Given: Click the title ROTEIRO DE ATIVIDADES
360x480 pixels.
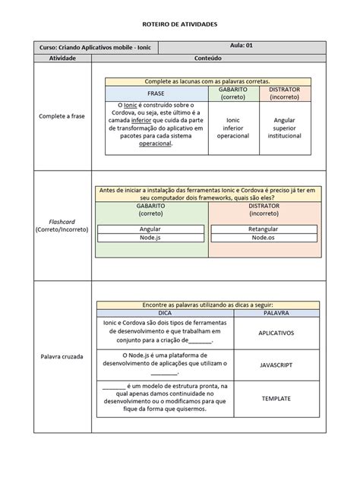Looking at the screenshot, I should [180, 24].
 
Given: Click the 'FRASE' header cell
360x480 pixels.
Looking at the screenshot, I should [156, 93].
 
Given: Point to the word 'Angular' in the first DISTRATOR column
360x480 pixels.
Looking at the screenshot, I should [285, 119].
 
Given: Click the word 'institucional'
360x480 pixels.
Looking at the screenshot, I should [285, 136].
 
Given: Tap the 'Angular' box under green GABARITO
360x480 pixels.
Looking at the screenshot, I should [150, 229].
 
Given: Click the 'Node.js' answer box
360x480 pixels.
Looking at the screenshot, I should [150, 238].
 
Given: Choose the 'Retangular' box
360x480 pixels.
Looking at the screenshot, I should [263, 229].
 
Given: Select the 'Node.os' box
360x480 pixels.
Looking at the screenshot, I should [263, 238].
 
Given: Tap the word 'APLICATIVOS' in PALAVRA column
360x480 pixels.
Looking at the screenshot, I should [276, 333].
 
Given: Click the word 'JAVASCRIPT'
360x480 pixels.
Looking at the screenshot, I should [276, 365].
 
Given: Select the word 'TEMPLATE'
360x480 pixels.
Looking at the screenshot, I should [276, 398].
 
